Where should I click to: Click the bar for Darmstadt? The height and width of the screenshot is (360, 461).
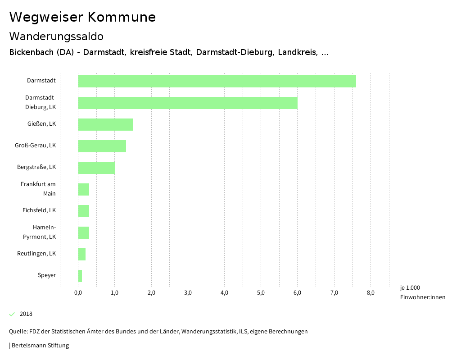(217, 81)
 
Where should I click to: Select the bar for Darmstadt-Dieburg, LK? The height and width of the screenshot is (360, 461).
(188, 103)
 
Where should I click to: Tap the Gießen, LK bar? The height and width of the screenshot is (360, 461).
(105, 124)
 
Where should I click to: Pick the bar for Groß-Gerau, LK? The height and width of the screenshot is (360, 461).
(102, 146)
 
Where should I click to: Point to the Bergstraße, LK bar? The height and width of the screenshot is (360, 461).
(96, 168)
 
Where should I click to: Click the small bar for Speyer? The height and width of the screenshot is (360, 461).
(80, 276)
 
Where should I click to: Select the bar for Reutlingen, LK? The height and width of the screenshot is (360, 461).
(82, 254)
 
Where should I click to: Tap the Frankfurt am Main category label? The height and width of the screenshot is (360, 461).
(39, 189)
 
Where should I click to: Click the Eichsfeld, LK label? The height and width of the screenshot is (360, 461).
(39, 210)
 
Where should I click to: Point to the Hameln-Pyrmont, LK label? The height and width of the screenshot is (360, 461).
(41, 232)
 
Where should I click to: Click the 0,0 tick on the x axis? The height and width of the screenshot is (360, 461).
(78, 293)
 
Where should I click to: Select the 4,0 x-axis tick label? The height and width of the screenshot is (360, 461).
(224, 293)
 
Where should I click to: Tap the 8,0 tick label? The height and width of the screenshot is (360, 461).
(371, 293)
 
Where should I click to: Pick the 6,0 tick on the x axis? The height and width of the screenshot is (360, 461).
(297, 293)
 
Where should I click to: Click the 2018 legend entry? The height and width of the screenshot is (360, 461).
(26, 314)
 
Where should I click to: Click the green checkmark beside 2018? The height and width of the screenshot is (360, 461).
(12, 314)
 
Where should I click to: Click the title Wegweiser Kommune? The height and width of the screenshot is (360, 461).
(82, 17)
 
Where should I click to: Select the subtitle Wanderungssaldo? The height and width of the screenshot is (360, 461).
(56, 36)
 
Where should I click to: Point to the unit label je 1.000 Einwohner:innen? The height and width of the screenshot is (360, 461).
(422, 292)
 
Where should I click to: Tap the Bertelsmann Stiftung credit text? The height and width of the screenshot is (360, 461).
(40, 346)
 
